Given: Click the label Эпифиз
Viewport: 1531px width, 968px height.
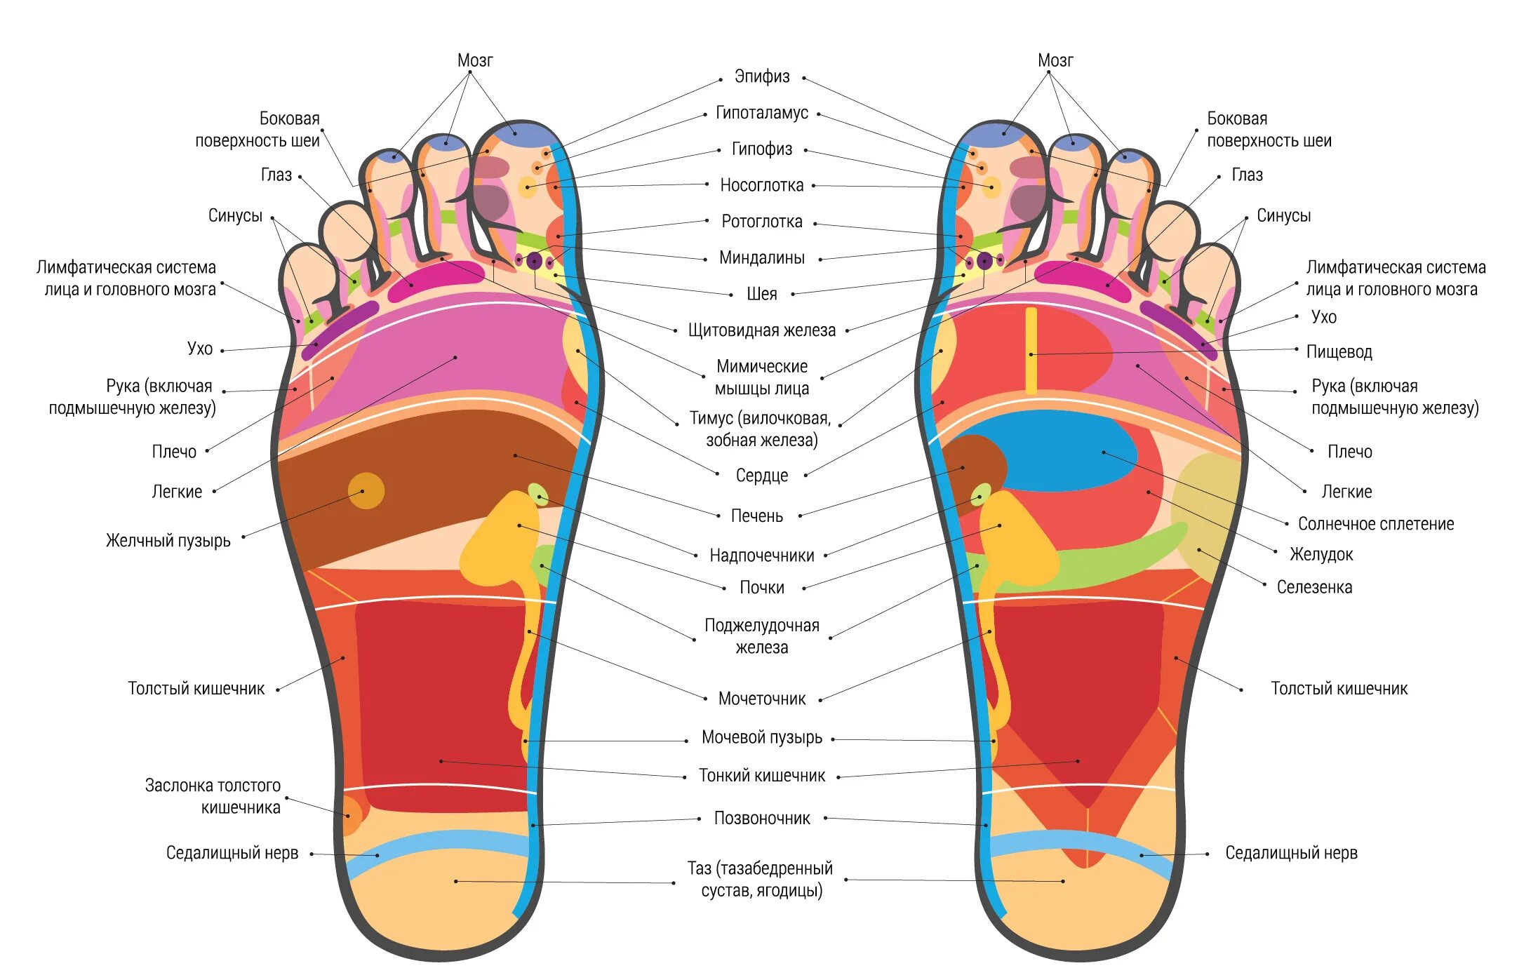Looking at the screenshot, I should pos(761,76).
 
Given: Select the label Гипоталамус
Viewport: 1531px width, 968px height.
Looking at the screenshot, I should pos(761,113).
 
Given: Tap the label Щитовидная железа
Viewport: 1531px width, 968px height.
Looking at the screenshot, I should pos(761,330).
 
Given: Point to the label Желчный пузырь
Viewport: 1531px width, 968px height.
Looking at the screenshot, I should pos(168,541).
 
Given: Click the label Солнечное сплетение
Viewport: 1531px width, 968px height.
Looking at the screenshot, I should pos(1375,524).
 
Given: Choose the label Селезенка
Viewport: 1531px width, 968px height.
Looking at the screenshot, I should pos(1313,587).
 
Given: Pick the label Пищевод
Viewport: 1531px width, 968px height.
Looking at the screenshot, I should pos(1339,352).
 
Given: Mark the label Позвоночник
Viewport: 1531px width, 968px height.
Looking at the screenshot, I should pos(761,819).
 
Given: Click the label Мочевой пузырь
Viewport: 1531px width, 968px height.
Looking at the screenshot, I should pos(761,738).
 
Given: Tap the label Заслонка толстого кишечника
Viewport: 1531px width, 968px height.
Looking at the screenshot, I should pos(213,796).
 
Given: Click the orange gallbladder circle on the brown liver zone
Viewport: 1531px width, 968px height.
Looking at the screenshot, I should pos(366,490).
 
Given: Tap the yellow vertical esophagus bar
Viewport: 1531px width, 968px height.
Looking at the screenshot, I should pos(1031,351).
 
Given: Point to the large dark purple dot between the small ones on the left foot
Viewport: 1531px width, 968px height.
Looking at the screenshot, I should pos(535,261).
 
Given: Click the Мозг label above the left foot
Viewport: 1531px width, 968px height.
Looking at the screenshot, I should pos(475,61).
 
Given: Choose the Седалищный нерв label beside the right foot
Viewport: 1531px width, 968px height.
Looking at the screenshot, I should pos(1291,854).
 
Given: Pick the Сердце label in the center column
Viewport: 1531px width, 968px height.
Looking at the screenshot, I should pos(761,476).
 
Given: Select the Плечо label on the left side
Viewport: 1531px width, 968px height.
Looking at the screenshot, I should pos(174,452).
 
